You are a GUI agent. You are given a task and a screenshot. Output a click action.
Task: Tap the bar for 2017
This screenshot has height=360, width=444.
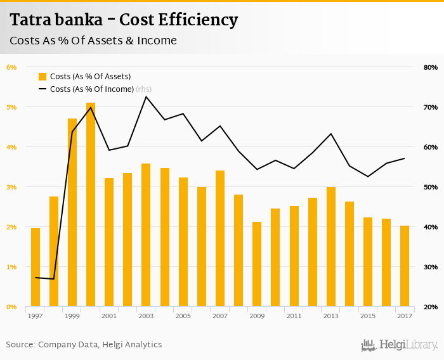[405, 266]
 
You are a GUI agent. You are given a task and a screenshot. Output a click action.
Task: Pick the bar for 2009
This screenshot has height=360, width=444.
[257, 264]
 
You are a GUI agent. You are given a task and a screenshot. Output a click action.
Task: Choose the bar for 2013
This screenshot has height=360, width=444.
[331, 247]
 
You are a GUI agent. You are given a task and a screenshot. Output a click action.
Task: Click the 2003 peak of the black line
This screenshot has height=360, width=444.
[146, 96]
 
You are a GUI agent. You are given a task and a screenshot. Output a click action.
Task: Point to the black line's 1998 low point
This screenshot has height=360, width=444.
[54, 279]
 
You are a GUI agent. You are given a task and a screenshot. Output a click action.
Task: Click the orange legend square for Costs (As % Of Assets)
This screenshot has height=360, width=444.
[42, 77]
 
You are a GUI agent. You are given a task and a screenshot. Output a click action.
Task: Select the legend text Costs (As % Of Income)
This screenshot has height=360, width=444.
[92, 89]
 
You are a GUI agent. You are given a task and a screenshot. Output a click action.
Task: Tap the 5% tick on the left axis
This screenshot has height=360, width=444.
[11, 107]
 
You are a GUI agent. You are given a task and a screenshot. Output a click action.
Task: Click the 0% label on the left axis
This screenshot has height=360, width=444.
[11, 307]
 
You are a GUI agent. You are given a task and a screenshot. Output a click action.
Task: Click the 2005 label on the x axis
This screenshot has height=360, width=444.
[183, 316]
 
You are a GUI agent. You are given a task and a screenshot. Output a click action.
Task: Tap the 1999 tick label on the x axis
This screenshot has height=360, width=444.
[72, 316]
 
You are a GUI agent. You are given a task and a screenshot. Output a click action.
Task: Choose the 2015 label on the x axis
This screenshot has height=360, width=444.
[367, 316]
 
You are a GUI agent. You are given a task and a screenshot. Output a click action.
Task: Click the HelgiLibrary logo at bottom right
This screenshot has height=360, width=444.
[399, 345]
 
